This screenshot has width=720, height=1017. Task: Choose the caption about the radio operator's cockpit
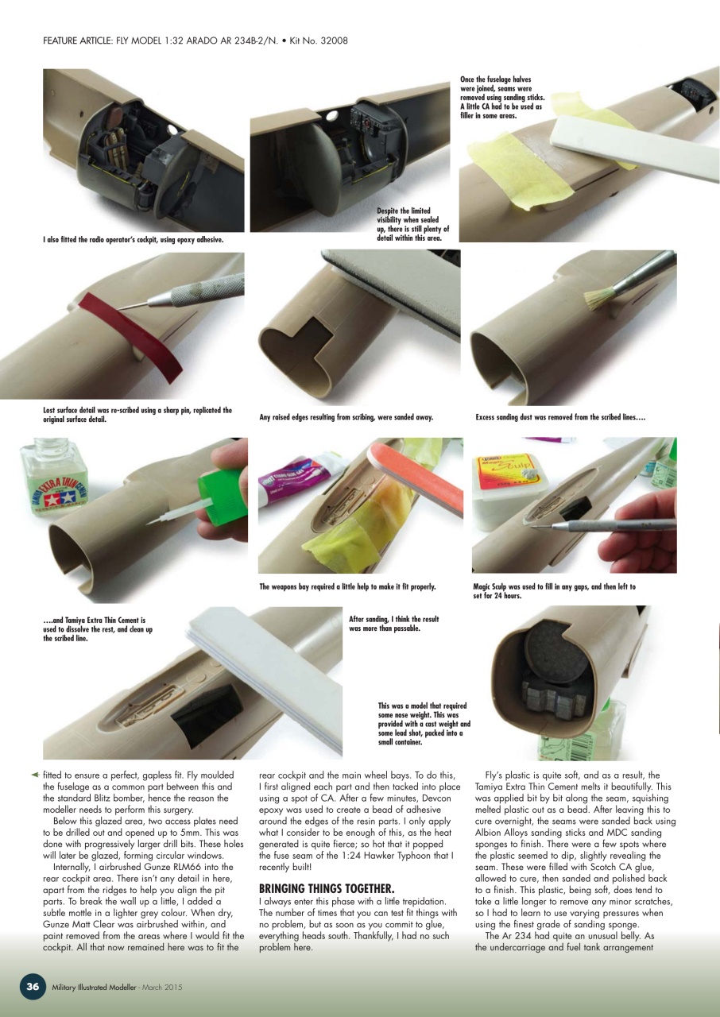[x=133, y=239]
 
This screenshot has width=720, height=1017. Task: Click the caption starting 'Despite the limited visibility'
[x=412, y=224]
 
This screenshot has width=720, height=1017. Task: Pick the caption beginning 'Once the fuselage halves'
[x=501, y=97]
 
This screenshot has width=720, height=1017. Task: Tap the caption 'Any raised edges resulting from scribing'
[x=346, y=417]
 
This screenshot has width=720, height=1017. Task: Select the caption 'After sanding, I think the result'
[x=393, y=623]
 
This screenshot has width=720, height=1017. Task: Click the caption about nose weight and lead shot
[x=424, y=725]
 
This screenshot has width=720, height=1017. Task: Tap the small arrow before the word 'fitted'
[x=35, y=775]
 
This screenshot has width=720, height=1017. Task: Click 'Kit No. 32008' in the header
[x=318, y=40]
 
